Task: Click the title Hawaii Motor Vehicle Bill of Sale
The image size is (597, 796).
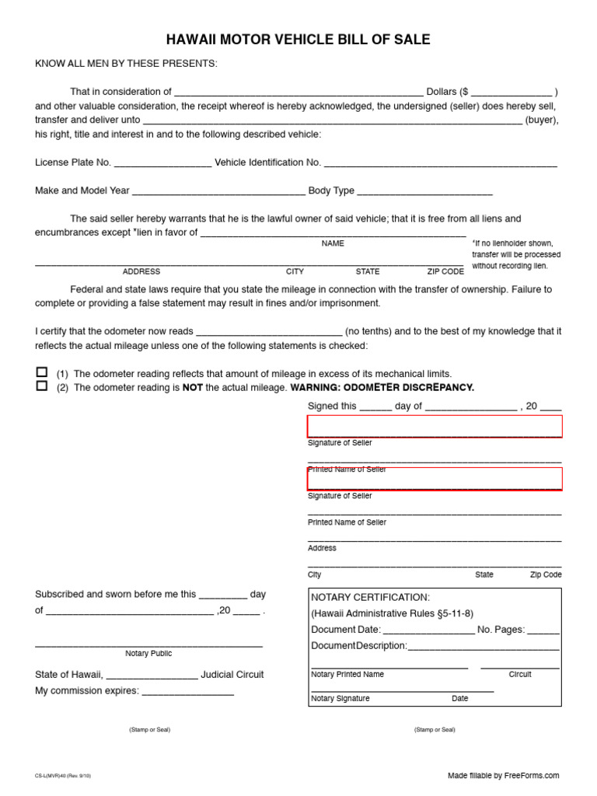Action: click(x=298, y=40)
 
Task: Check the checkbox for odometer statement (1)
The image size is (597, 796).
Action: click(x=42, y=372)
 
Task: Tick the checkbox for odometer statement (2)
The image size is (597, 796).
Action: click(x=42, y=386)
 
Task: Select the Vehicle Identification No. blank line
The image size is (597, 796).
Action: click(x=440, y=163)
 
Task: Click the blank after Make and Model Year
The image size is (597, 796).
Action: click(x=219, y=191)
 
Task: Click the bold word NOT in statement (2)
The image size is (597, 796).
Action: click(x=193, y=387)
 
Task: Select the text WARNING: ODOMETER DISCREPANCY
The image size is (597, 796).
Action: click(x=382, y=387)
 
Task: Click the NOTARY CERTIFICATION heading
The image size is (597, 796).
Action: click(x=370, y=597)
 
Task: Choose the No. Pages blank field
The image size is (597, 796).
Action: click(x=543, y=630)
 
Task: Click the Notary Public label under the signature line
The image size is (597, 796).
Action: click(x=148, y=654)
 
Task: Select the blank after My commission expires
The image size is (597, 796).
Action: click(x=187, y=692)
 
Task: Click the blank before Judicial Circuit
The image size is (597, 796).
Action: click(x=152, y=676)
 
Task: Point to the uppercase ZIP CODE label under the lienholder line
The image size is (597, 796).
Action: click(x=445, y=271)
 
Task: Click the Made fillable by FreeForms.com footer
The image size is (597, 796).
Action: click(x=503, y=775)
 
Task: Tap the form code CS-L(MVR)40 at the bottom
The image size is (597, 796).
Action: click(x=62, y=776)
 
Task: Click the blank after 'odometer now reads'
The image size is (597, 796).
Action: click(x=269, y=332)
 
